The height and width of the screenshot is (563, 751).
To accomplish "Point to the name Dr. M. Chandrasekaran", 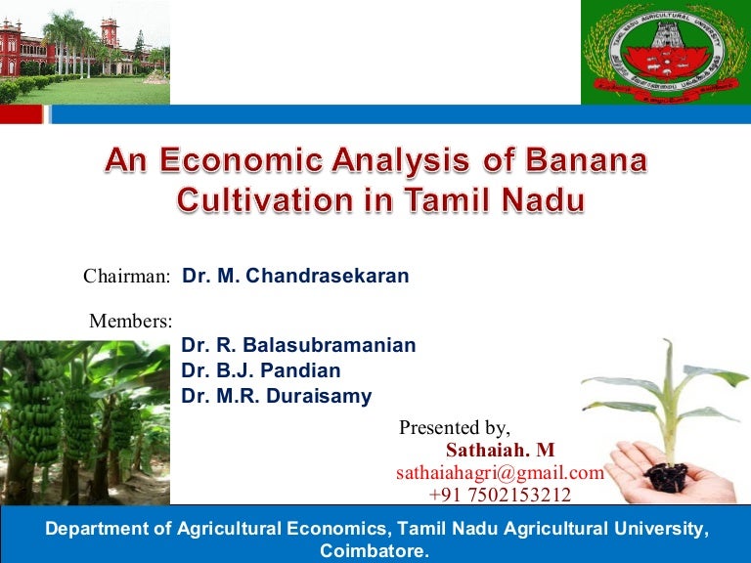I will pos(295,277).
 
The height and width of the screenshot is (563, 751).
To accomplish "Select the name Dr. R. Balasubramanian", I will pos(298,345).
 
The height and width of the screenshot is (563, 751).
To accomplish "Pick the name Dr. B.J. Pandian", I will pos(261,370).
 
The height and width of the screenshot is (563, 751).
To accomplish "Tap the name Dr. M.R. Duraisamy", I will pos(277,396).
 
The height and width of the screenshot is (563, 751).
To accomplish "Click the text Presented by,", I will pos(455,428).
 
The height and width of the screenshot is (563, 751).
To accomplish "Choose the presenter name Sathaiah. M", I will pos(500,451).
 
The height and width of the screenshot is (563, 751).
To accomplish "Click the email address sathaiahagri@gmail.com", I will pos(500,473).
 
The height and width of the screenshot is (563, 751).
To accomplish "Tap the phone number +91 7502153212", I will pos(500,496).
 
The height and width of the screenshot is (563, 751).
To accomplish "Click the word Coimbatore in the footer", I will pos(374,551).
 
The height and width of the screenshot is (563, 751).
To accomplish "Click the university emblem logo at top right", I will pos(666,52).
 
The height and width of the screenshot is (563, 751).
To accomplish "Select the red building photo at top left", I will pos(84,51).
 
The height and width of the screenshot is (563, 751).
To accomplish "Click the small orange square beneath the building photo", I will pos(22,114).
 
